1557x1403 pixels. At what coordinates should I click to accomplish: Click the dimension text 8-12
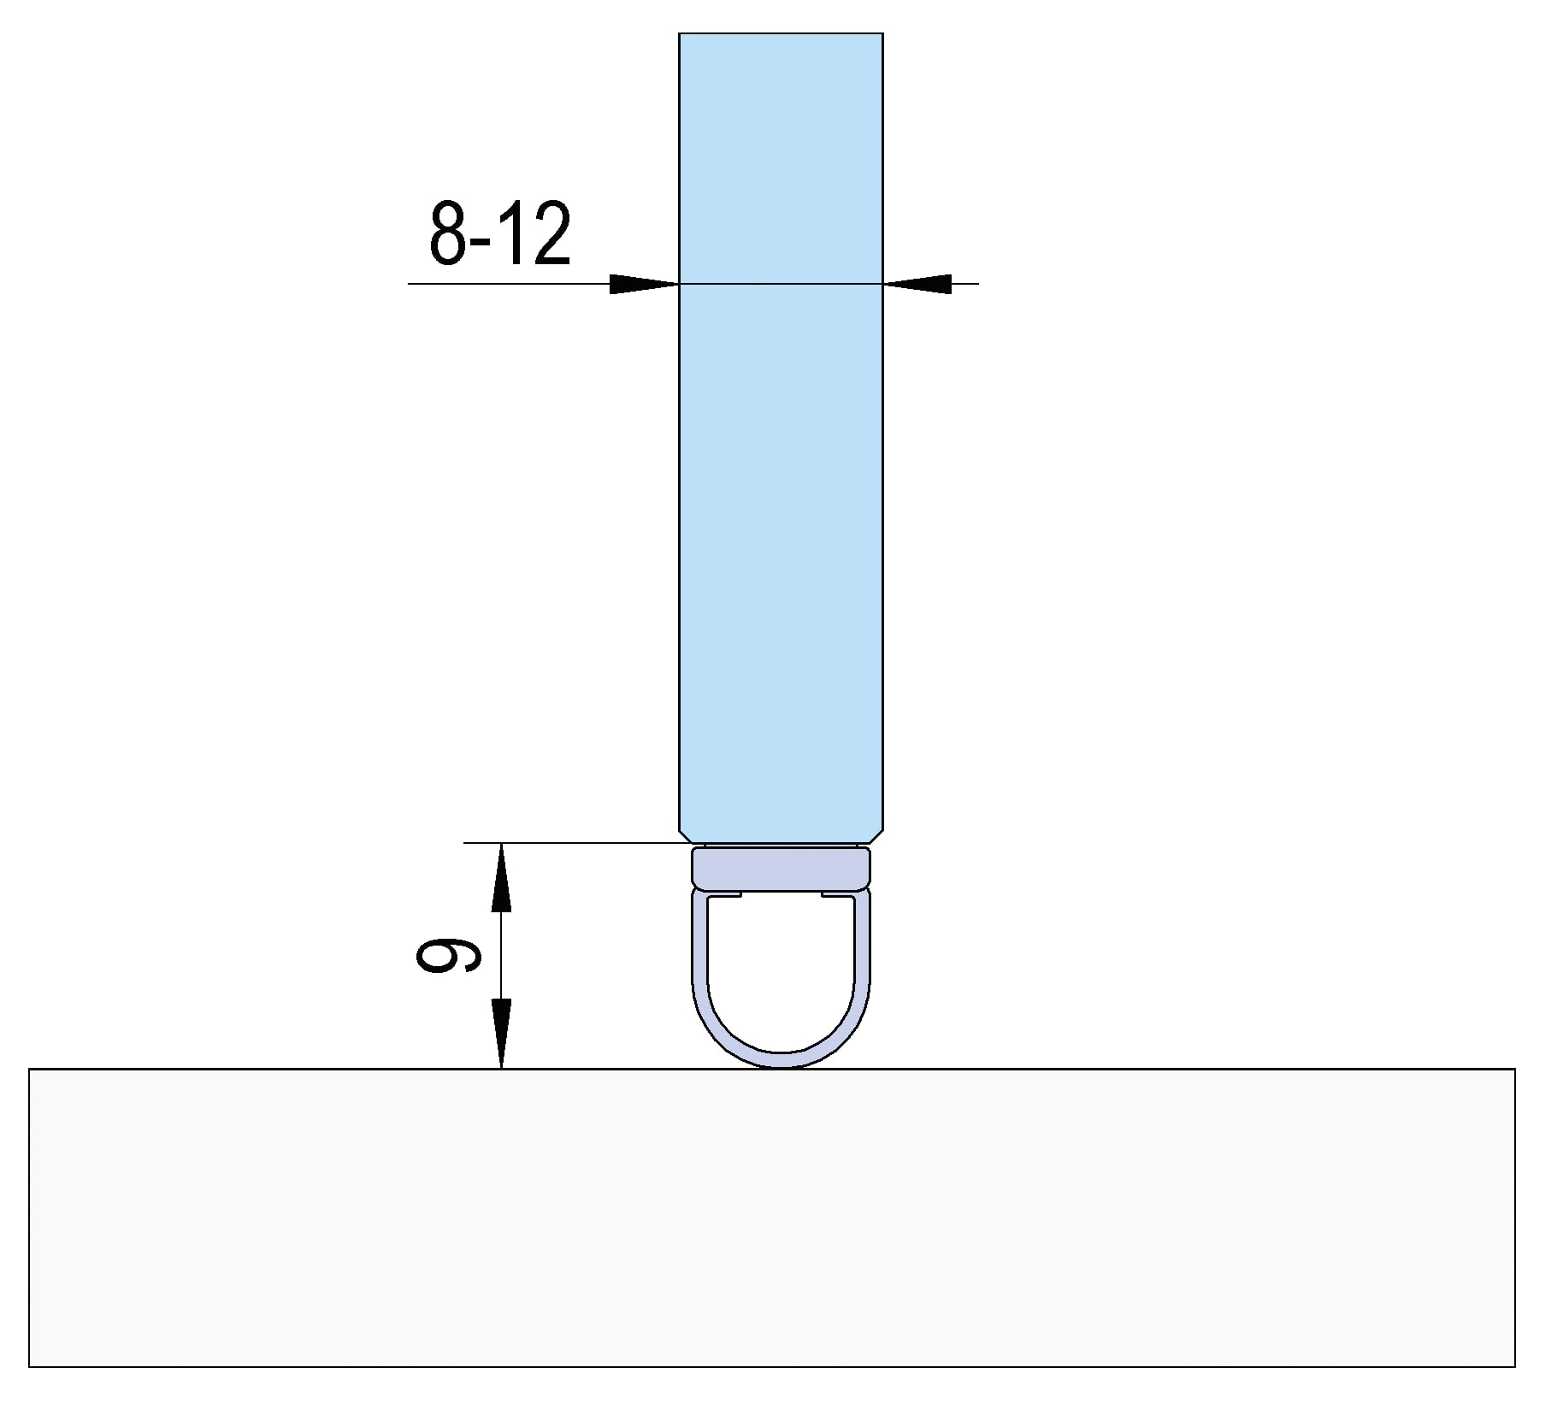tap(500, 233)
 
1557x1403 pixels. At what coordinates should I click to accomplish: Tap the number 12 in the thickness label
tap(537, 233)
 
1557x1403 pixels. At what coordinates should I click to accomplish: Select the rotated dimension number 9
tap(447, 955)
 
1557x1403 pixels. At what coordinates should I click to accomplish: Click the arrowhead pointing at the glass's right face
tap(917, 284)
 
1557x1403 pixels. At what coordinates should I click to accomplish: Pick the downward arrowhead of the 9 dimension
tap(502, 1034)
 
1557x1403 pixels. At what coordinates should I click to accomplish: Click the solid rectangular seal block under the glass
tap(781, 868)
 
